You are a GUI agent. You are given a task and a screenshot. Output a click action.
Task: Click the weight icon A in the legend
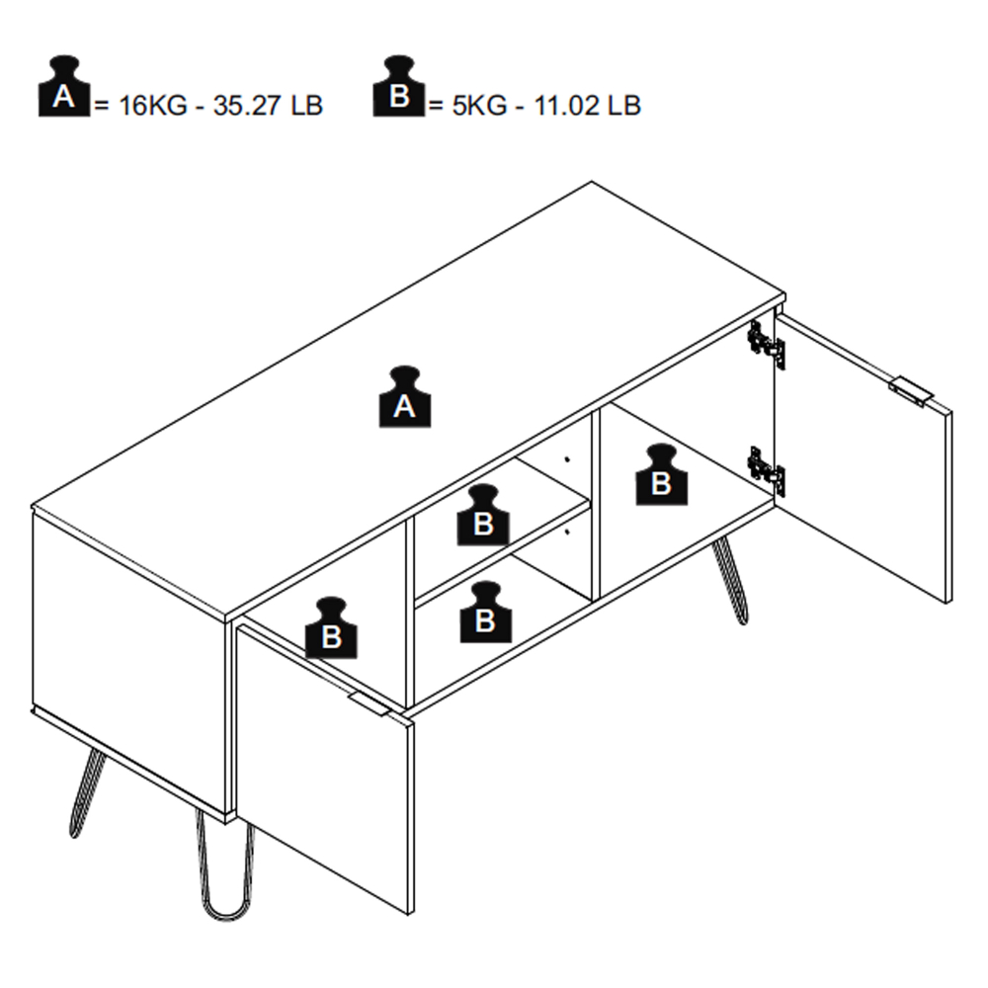click(x=63, y=87)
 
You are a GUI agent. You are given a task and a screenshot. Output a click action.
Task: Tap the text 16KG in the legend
click(x=153, y=106)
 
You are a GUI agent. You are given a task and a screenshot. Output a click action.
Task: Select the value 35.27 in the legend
click(x=246, y=106)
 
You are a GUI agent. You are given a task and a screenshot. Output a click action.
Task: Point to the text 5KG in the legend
click(x=479, y=106)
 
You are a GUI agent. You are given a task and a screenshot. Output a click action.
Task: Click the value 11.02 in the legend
click(x=566, y=106)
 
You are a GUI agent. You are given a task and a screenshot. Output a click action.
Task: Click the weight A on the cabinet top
click(x=404, y=397)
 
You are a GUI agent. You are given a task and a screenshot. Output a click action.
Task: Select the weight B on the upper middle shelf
click(x=483, y=515)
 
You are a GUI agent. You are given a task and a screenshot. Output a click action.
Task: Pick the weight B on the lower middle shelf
click(x=485, y=612)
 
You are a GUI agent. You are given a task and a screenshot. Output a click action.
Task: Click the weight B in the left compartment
click(x=331, y=628)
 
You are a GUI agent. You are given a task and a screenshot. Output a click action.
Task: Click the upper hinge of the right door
click(x=767, y=345)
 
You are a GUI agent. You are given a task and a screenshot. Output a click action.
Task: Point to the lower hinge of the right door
click(x=767, y=470)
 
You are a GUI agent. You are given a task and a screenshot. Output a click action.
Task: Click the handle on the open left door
click(x=370, y=703)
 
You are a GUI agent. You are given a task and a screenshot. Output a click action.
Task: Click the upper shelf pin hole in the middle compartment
click(x=567, y=459)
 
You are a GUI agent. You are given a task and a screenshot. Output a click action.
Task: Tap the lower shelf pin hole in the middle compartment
click(x=567, y=533)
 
